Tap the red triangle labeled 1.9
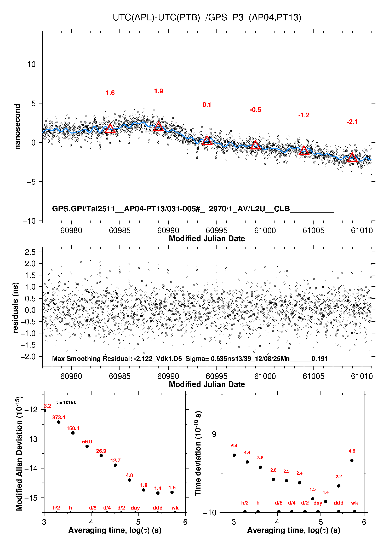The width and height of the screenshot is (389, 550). coord(158,127)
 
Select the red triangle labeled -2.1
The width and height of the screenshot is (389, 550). coord(352,158)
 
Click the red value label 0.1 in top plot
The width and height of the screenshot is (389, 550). coord(207,105)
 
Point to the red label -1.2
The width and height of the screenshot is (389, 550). coord(304,115)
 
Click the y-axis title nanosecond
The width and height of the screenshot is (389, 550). coord(18,127)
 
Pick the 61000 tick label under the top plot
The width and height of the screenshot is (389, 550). coord(265,230)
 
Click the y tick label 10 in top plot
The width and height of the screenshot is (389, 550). coord(32,64)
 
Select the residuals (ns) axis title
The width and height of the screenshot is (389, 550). coord(16,308)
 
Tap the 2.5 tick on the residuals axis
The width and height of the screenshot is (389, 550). coord(30,252)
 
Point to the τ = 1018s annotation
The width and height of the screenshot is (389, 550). coord(66,402)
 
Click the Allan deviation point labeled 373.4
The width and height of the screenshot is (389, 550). coord(59,422)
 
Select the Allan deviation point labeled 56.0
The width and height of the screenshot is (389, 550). coord(87,446)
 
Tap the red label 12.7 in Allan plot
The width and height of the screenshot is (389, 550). coord(115,460)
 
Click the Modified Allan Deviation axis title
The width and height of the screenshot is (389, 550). coord(19,453)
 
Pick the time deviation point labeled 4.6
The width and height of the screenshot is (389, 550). coord(352,460)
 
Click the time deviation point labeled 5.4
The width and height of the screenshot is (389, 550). coord(234,455)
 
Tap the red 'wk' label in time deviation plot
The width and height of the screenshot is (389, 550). coord(354,503)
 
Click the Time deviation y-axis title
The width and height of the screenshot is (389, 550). coord(198,453)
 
